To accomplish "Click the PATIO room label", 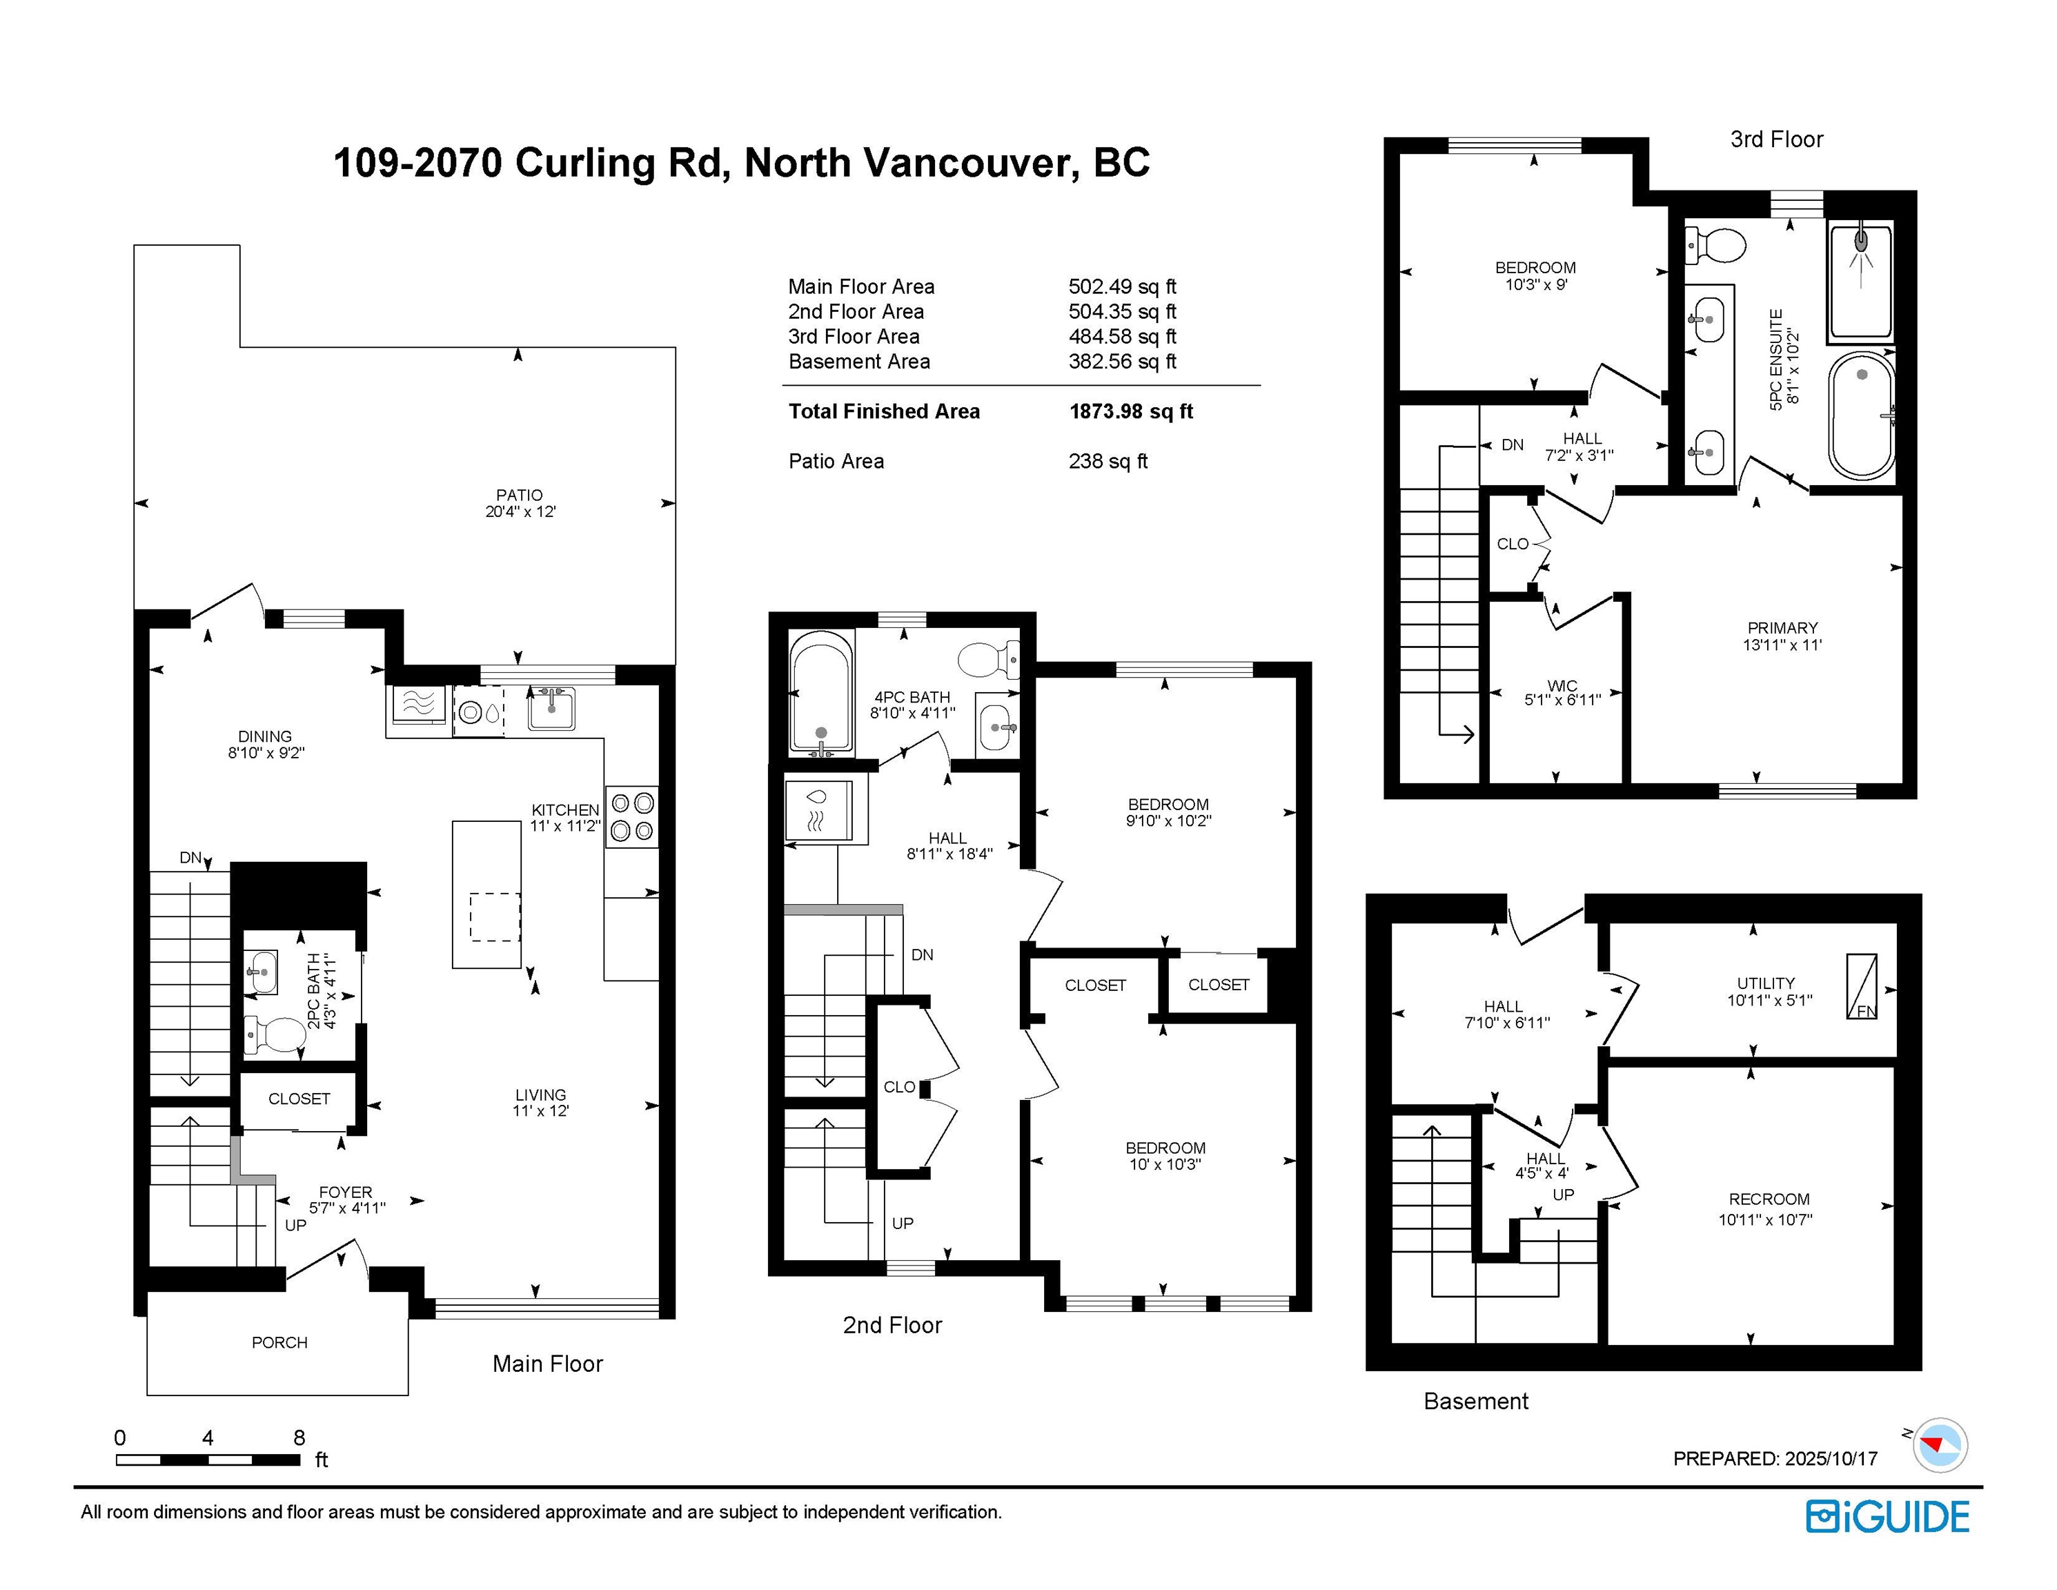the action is point(519,495).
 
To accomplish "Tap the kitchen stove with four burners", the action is point(632,816).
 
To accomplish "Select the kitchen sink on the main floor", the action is point(551,707).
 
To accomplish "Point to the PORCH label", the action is point(279,1342).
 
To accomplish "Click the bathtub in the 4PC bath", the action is point(821,694).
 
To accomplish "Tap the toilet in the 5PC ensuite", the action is point(1714,246).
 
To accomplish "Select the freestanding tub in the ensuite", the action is point(1861,415).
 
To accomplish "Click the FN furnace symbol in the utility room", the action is point(1861,986).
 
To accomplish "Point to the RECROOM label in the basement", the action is point(1769,1199).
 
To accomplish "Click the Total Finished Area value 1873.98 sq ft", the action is point(1130,411).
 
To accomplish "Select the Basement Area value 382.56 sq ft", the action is point(1122,362).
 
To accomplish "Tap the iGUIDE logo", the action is point(1887,1518).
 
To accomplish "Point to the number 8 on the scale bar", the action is point(299,1437).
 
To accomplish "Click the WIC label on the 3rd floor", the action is point(1562,686).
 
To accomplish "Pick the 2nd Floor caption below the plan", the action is point(892,1325).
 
